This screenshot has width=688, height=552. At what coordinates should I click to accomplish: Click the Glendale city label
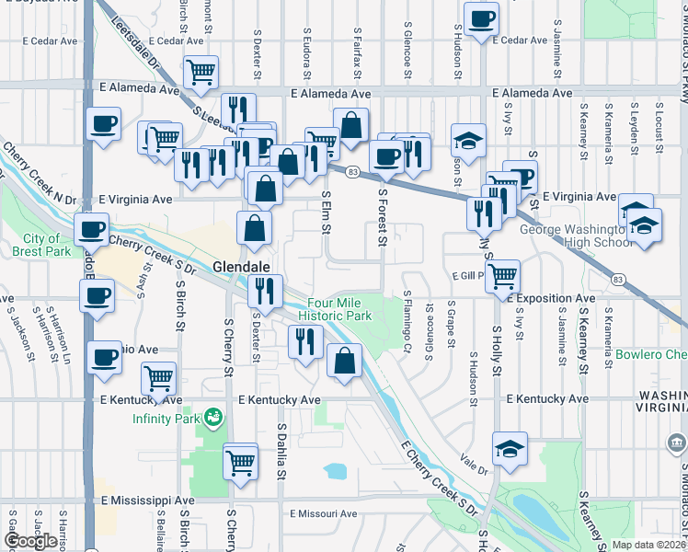(x=241, y=266)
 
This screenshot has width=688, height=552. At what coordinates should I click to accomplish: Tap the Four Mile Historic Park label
(x=339, y=309)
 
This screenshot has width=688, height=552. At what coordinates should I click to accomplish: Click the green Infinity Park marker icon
(x=213, y=417)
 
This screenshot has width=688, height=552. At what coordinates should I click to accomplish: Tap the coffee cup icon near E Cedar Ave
(x=481, y=18)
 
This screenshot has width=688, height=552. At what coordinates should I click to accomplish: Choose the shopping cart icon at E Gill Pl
(x=502, y=274)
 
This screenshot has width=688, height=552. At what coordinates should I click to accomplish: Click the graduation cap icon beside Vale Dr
(x=510, y=448)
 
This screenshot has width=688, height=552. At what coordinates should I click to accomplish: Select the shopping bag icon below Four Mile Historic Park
(x=344, y=361)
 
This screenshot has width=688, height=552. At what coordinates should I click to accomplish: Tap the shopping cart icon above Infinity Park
(x=159, y=376)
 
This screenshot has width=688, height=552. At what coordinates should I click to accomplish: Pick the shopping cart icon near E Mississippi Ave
(x=240, y=459)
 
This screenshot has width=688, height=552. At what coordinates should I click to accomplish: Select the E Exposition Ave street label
(x=550, y=298)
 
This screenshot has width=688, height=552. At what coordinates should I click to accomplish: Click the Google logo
(x=31, y=541)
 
